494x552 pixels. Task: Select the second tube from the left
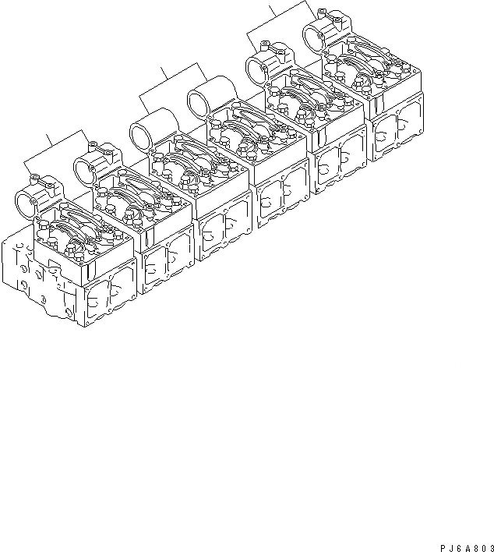[92, 165]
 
